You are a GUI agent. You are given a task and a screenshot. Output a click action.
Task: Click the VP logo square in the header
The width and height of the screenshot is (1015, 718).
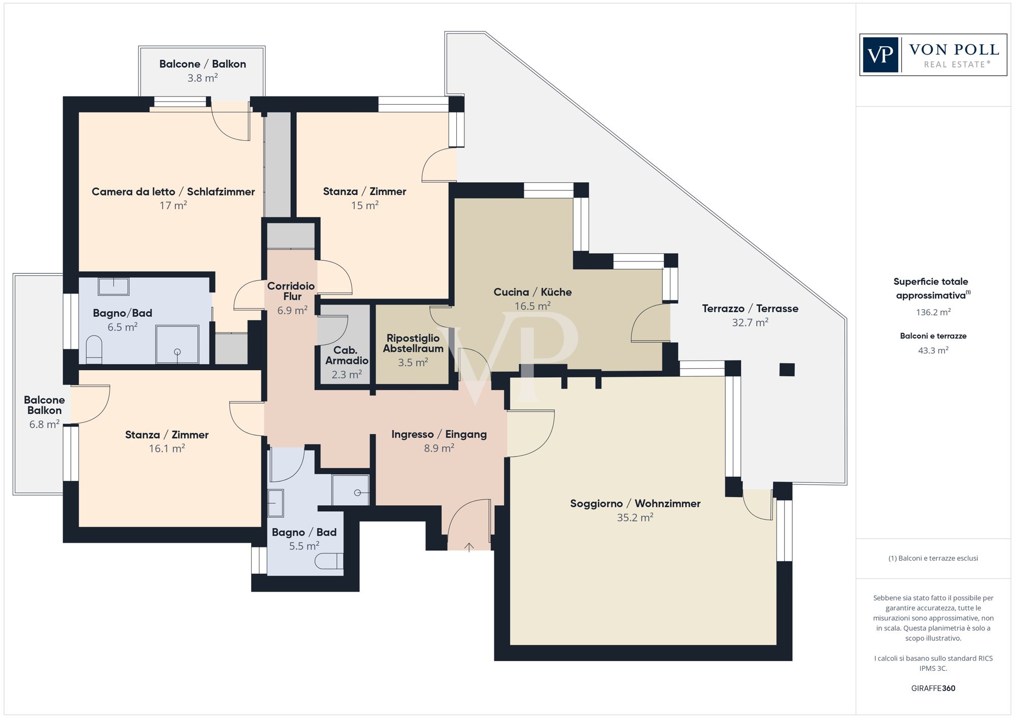click(881, 55)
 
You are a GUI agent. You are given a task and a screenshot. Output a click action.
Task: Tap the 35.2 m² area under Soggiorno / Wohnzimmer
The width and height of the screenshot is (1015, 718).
click(635, 517)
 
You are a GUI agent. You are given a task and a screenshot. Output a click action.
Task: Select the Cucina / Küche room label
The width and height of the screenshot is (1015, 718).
click(532, 292)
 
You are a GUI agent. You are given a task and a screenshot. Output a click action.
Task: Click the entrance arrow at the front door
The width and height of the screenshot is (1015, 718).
click(469, 547)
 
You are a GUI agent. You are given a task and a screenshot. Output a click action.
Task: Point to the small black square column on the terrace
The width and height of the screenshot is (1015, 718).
click(787, 370)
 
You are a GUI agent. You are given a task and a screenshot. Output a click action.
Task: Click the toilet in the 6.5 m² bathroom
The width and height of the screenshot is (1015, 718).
click(94, 350)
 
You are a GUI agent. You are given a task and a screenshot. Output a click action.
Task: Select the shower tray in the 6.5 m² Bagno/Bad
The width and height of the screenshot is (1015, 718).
click(177, 344)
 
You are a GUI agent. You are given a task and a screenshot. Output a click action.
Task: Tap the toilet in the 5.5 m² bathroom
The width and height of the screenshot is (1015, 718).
click(329, 561)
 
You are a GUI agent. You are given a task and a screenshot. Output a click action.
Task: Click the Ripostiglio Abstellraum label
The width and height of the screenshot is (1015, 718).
click(413, 343)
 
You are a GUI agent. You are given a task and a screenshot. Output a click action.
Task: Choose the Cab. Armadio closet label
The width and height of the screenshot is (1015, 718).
click(347, 355)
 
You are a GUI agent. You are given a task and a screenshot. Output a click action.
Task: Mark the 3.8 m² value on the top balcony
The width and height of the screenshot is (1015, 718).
click(202, 78)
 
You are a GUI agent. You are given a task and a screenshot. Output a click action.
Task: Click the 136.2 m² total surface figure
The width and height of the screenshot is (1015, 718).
click(933, 312)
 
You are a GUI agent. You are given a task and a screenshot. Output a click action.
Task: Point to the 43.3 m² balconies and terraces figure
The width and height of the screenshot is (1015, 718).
click(933, 350)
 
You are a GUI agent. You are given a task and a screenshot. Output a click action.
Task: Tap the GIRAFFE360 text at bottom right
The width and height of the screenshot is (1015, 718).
click(933, 688)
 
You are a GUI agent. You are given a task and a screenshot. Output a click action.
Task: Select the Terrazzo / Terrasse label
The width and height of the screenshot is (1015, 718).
click(750, 308)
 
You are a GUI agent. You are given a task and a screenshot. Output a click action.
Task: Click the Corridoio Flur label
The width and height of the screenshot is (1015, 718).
click(291, 291)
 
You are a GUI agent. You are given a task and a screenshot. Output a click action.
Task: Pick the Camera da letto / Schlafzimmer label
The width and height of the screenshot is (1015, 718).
click(173, 191)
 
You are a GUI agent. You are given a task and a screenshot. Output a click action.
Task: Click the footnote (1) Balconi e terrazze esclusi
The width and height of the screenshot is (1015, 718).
click(933, 558)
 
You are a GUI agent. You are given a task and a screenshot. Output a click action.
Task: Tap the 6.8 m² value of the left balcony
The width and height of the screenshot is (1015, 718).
click(44, 424)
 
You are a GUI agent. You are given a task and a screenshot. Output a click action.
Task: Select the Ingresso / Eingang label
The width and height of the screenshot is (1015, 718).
click(439, 434)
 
